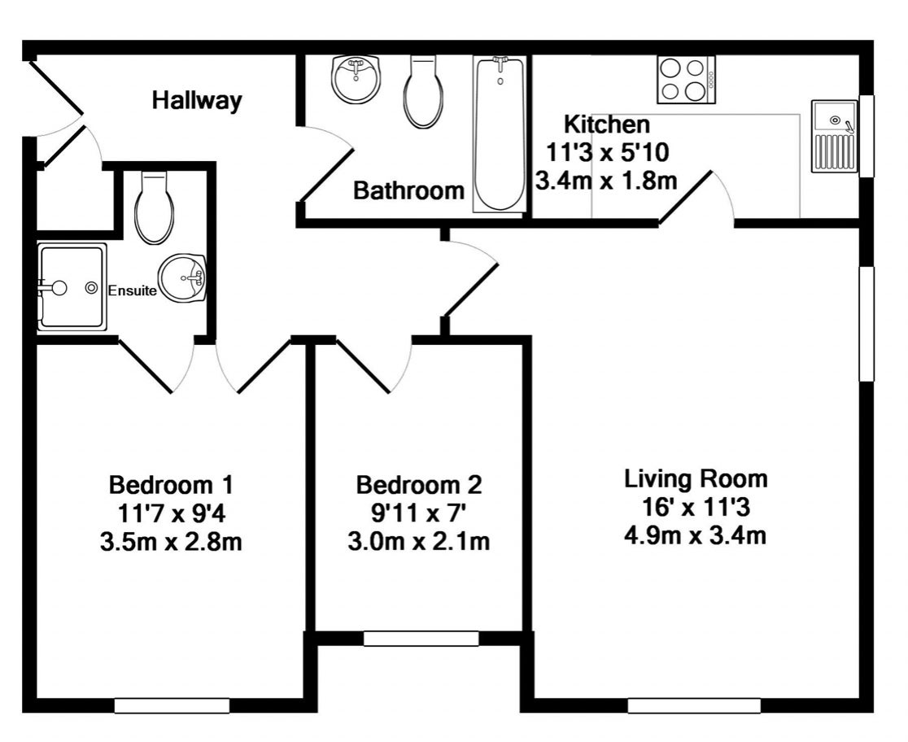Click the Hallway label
[x=197, y=101]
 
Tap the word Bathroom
[x=408, y=190]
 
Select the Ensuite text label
[x=132, y=290]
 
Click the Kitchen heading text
[x=607, y=124]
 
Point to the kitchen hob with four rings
[x=686, y=80]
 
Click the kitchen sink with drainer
[x=835, y=136]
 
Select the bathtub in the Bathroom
[x=500, y=133]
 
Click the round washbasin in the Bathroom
[x=356, y=80]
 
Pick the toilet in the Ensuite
[x=154, y=207]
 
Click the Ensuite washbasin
[x=181, y=278]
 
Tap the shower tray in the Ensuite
[x=72, y=286]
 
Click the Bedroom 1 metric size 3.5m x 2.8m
[x=171, y=542]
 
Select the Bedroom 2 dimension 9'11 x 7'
[x=419, y=513]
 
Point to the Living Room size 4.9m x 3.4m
[x=695, y=535]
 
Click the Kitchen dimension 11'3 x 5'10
[x=608, y=152]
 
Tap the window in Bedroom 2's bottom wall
[x=421, y=639]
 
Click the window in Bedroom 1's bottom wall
[x=172, y=706]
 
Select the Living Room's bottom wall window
[x=694, y=706]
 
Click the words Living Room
[x=696, y=479]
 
